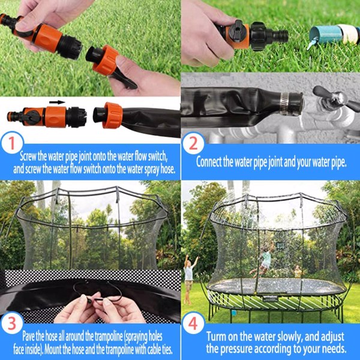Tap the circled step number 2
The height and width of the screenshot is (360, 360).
[193, 144]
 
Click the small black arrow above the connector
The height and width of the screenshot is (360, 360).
[57, 102]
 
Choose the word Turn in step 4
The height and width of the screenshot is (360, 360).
[217, 337]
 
